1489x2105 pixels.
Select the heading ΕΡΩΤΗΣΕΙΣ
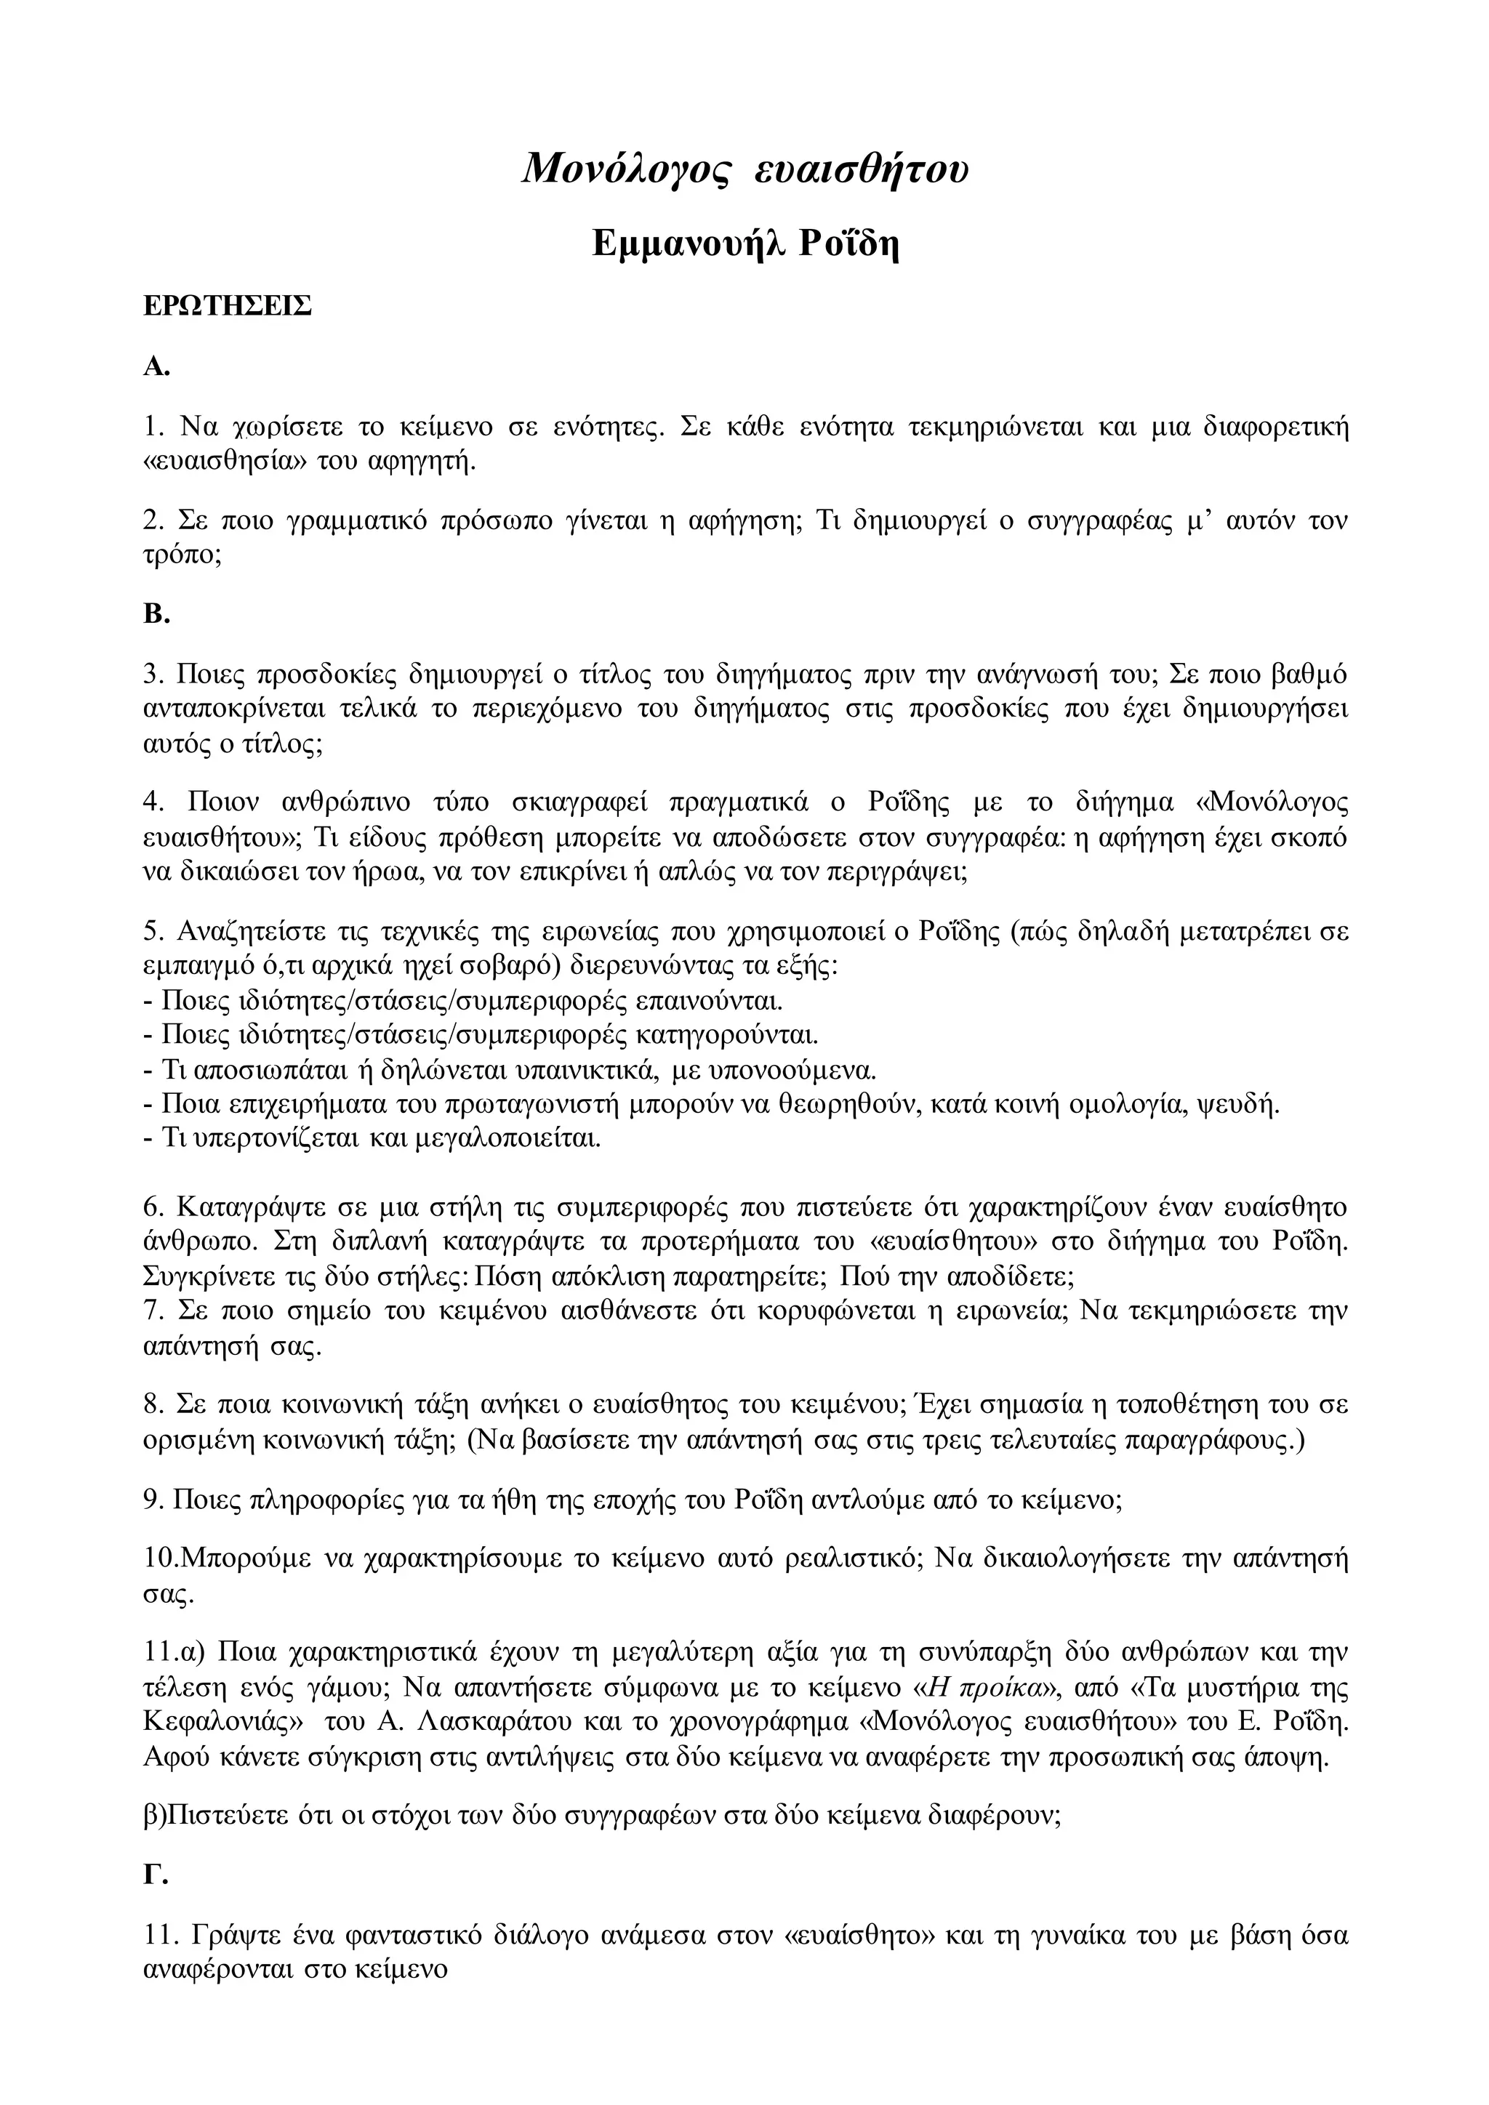coord(228,306)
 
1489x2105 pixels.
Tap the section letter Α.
coord(156,368)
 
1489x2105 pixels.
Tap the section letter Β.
coord(156,614)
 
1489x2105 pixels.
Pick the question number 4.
coord(152,802)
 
